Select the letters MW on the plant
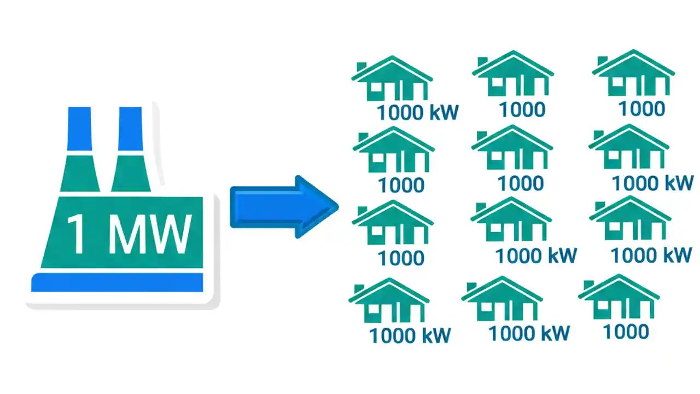[x=150, y=234]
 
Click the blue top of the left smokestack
[x=79, y=129]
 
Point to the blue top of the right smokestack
[x=130, y=129]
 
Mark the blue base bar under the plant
[x=117, y=282]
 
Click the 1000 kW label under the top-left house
[x=417, y=112]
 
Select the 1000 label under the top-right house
[x=641, y=108]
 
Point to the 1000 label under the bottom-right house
[x=626, y=331]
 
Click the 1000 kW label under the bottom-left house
[x=410, y=335]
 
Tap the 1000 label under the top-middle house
[x=522, y=109]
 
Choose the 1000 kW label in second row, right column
[x=652, y=183]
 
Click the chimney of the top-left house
[x=361, y=67]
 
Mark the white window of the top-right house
[x=617, y=83]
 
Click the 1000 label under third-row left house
[x=401, y=258]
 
